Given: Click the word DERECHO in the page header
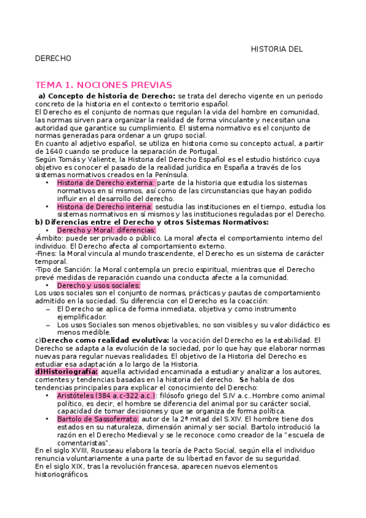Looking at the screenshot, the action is point(53,59).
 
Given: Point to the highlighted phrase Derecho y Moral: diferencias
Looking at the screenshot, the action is point(106,230).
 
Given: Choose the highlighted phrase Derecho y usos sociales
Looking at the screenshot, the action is point(98,285).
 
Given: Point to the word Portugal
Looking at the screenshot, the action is point(200,151).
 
